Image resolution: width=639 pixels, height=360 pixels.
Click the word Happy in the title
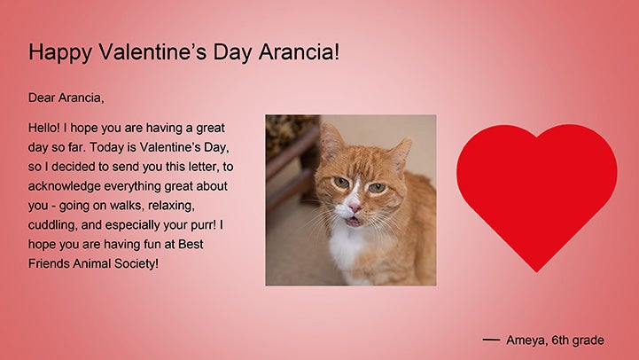[60, 52]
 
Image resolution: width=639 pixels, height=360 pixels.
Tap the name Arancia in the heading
[299, 51]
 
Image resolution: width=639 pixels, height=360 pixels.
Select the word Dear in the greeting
[41, 98]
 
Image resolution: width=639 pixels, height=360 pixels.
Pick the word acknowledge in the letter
[64, 186]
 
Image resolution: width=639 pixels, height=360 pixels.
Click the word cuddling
[52, 225]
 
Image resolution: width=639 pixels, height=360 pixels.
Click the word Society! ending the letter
[136, 263]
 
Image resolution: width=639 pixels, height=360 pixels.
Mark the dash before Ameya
[491, 340]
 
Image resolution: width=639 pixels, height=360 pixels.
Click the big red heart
[537, 191]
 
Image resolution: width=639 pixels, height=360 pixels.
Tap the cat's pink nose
[355, 207]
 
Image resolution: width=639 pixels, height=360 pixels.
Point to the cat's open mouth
[353, 222]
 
